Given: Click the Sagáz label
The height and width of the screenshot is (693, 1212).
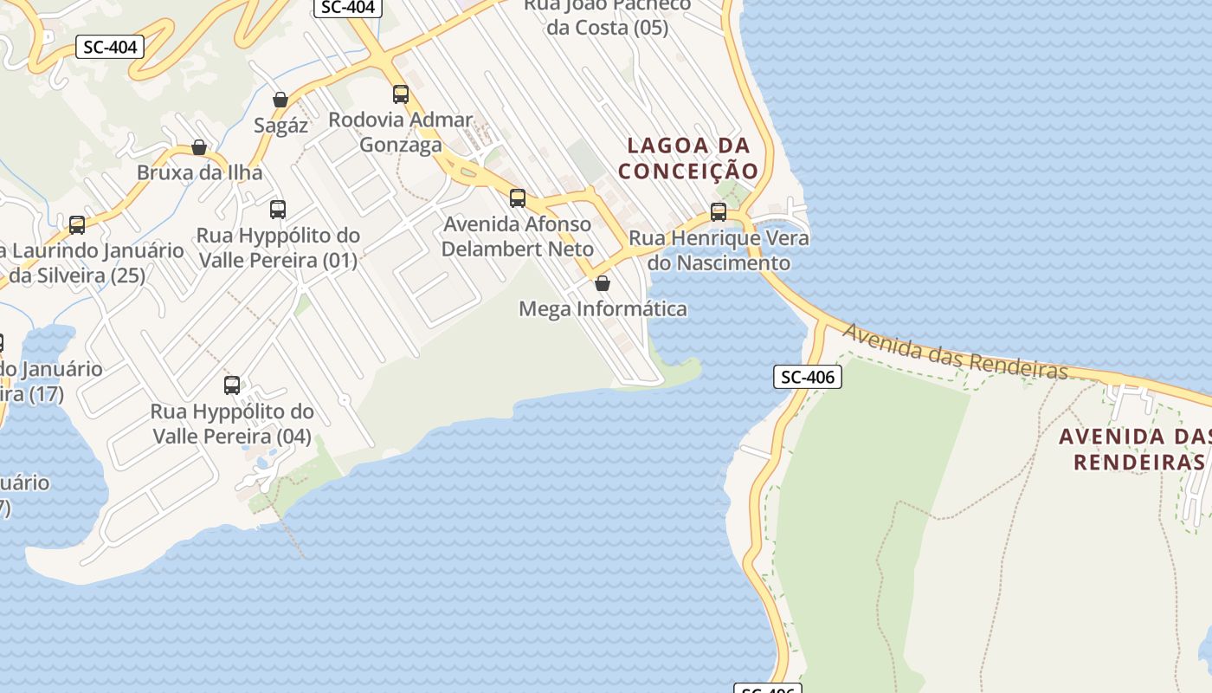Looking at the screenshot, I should click(x=280, y=125).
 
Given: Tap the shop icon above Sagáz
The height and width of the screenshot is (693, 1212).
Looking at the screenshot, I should click(x=280, y=100).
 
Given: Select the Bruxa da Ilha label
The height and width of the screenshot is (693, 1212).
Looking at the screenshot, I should click(x=199, y=172).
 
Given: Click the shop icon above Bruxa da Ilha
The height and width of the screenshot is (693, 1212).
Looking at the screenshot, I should click(x=199, y=147).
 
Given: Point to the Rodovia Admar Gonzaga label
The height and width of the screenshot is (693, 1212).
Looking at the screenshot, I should click(x=400, y=132).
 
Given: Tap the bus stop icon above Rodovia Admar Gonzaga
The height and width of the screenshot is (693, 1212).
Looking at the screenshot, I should click(x=400, y=94).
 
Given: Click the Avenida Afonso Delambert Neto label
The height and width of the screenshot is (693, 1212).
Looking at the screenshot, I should click(x=517, y=236).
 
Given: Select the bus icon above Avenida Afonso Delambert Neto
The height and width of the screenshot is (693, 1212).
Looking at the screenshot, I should click(x=518, y=198).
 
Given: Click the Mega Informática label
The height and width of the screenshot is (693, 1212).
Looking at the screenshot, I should click(x=603, y=308).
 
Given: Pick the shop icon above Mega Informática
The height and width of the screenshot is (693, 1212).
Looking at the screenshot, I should click(x=603, y=283).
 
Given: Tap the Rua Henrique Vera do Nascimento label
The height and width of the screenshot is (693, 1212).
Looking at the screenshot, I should click(x=719, y=249).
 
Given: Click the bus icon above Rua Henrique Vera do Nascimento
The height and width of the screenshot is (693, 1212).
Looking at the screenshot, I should click(x=718, y=211).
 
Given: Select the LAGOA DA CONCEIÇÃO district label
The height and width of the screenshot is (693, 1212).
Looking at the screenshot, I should click(x=688, y=158).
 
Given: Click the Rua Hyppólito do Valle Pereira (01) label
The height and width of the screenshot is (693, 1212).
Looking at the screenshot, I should click(x=278, y=248).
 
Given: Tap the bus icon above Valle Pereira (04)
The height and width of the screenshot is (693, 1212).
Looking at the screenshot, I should click(x=232, y=385).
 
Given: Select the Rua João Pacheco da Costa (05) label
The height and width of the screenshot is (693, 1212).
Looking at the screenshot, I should click(x=607, y=16).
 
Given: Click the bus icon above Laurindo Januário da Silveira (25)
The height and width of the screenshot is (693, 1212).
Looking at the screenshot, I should click(x=77, y=225).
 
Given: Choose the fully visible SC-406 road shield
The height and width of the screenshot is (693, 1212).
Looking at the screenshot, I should click(x=807, y=377).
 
